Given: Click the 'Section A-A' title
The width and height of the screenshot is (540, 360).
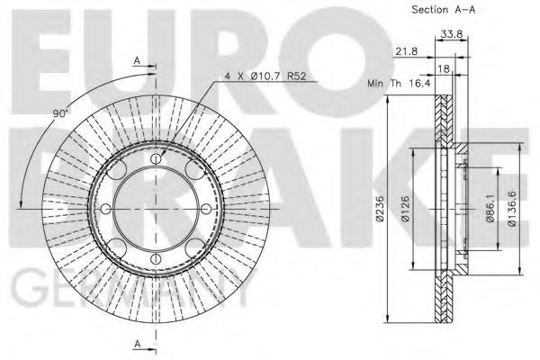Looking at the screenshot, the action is (x=443, y=10).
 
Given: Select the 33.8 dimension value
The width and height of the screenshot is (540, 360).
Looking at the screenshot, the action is (x=452, y=34).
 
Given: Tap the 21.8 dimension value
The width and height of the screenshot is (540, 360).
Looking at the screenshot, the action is (x=407, y=51).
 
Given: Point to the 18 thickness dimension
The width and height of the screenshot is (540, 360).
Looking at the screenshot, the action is (x=445, y=68).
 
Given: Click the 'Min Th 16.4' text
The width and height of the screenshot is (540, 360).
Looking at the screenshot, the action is (x=399, y=83).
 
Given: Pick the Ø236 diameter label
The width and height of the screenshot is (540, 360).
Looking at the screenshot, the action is (x=380, y=208).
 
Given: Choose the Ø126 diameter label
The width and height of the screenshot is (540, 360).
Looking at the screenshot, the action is (x=405, y=209).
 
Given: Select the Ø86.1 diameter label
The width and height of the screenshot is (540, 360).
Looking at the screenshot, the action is (x=490, y=209).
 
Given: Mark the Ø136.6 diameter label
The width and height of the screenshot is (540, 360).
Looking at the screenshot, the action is (x=512, y=209).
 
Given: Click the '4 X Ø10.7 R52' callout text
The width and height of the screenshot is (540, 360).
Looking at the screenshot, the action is (x=265, y=76).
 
